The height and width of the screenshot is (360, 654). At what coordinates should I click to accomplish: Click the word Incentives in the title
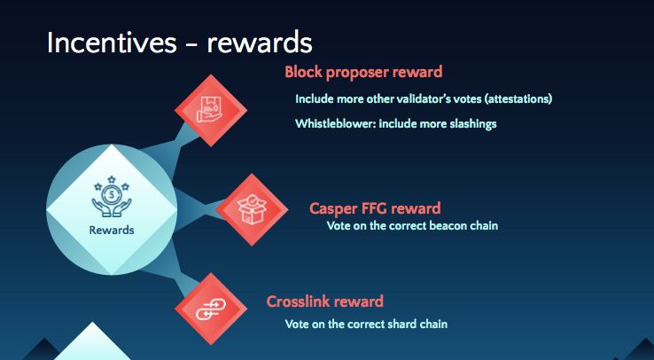click(112, 43)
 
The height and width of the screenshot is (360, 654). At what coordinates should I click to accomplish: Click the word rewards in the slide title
click(260, 43)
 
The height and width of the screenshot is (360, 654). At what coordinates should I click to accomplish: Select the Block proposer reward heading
click(363, 72)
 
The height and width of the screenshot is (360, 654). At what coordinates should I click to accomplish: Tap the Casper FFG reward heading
click(375, 208)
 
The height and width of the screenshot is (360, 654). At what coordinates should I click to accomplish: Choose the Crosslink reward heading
click(325, 301)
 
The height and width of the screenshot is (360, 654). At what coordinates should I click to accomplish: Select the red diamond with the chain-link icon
click(211, 309)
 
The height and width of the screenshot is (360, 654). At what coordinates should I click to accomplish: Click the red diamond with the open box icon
click(252, 209)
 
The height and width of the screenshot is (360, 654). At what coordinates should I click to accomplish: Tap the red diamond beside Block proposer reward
click(211, 110)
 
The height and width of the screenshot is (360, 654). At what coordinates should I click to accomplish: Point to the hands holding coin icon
click(112, 197)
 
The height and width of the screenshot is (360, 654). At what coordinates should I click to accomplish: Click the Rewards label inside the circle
click(112, 230)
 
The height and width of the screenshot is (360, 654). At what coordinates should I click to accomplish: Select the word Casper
click(334, 209)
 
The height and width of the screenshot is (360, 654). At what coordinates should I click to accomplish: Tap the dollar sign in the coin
click(112, 194)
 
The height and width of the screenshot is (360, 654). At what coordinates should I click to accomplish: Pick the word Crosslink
click(299, 301)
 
